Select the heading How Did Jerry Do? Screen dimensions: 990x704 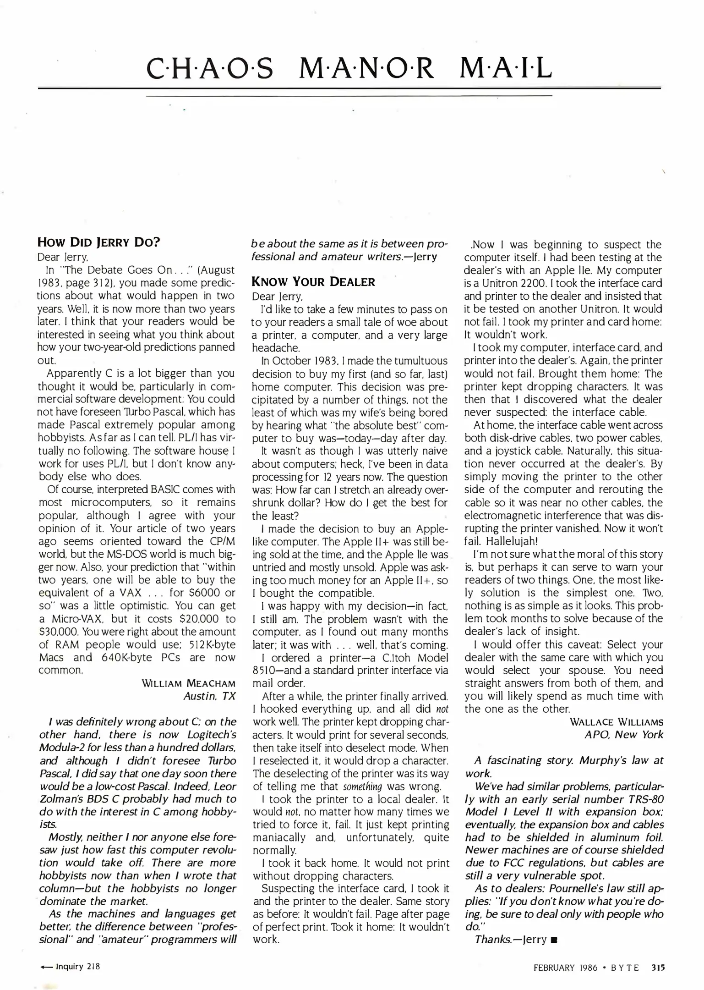pos(98,242)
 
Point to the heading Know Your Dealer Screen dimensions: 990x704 pos(313,281)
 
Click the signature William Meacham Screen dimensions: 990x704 pos(189,683)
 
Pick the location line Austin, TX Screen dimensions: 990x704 pos(209,696)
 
